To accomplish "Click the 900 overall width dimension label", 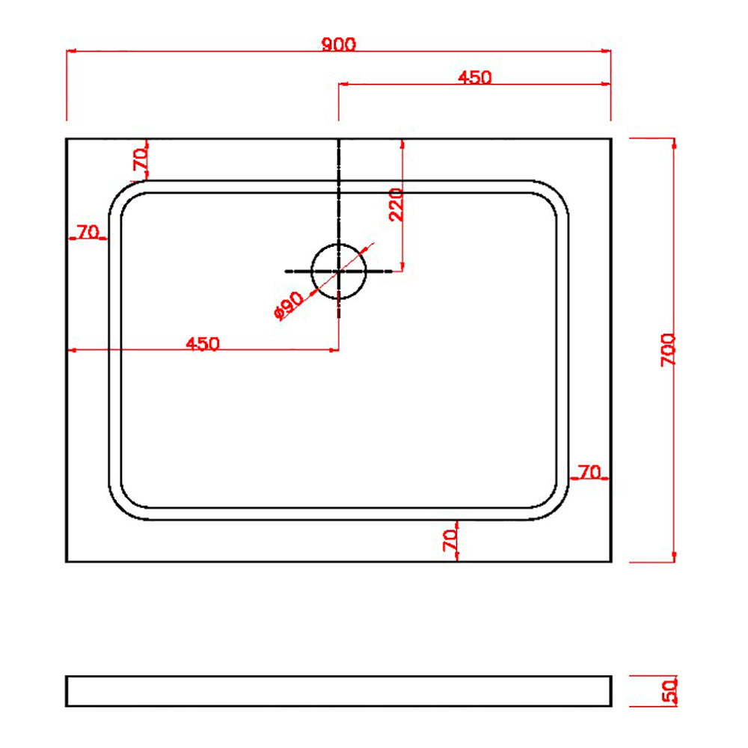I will click(x=339, y=44).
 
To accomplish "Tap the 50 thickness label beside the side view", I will click(x=669, y=690).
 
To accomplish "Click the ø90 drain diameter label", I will click(x=289, y=305).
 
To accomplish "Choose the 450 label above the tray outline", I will click(x=475, y=77).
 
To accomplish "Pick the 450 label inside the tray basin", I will click(x=203, y=343).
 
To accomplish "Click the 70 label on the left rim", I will click(x=88, y=232).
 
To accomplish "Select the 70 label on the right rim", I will click(x=589, y=472).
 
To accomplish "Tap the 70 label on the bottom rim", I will click(x=450, y=540).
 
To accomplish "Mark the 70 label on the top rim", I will click(x=139, y=159).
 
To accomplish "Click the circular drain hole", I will click(x=339, y=270).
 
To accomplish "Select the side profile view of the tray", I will click(x=339, y=691).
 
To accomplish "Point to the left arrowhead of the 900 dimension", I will click(x=70, y=52).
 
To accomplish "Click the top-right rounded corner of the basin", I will click(x=554, y=194).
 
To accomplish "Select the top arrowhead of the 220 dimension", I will click(x=403, y=143).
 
